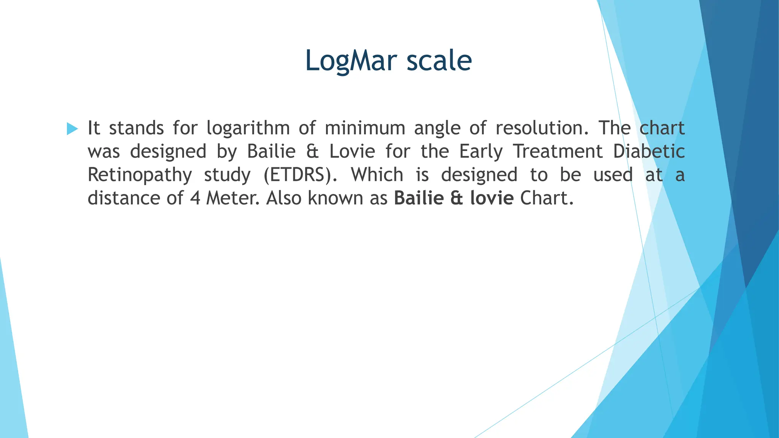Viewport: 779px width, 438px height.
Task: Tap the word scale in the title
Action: tap(439, 61)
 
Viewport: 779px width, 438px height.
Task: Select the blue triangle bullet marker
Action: tap(72, 129)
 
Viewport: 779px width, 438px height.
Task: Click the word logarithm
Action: tap(248, 129)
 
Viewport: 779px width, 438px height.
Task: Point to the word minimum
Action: tap(365, 128)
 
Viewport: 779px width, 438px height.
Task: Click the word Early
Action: tap(481, 152)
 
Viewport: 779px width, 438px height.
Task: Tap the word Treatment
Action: tap(558, 151)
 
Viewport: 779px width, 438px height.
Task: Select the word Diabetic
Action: tap(649, 151)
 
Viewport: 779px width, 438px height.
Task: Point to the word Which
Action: tap(377, 175)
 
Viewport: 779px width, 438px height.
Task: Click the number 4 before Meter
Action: tap(195, 198)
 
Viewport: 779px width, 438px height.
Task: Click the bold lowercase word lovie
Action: tap(492, 198)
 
